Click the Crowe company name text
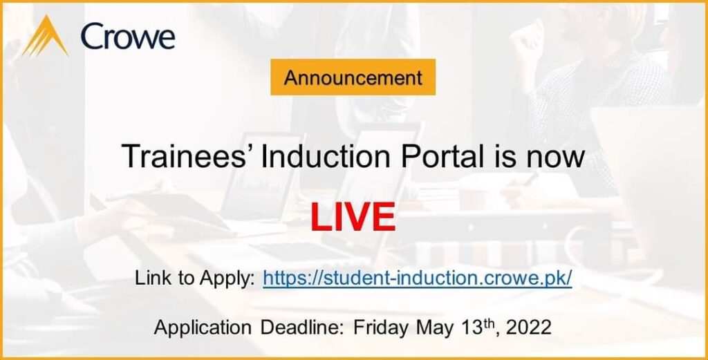(128, 37)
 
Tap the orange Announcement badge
(353, 77)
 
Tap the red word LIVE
(353, 218)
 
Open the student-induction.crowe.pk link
(418, 278)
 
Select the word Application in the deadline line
(203, 328)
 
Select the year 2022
(529, 328)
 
